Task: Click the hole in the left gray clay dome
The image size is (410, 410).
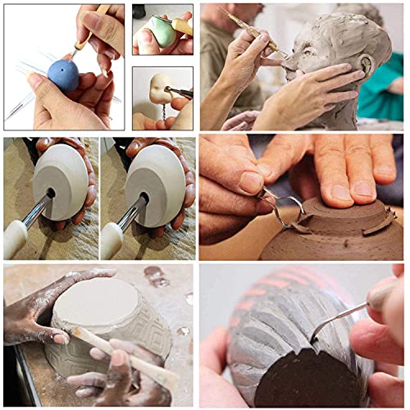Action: pyautogui.click(x=50, y=194)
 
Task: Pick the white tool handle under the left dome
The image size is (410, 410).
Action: pyautogui.click(x=16, y=239)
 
